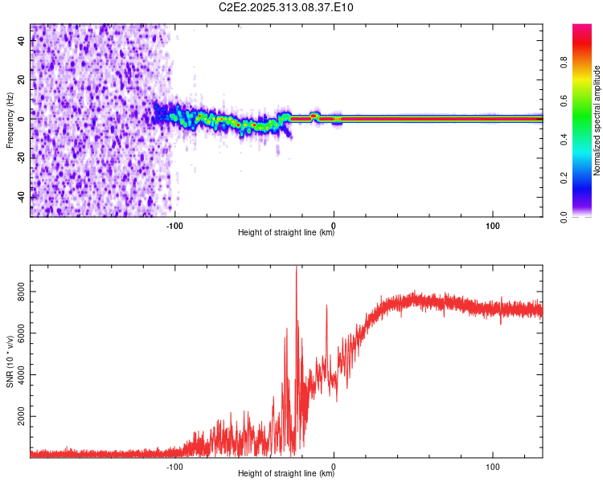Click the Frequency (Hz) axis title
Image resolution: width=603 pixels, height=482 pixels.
pyautogui.click(x=10, y=120)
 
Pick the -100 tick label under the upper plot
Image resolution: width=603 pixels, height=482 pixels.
pyautogui.click(x=175, y=226)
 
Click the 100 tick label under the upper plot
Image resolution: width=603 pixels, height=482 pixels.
pyautogui.click(x=493, y=226)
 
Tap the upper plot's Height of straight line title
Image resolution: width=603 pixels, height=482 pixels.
pyautogui.click(x=286, y=233)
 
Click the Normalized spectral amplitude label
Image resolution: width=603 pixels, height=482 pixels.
pyautogui.click(x=597, y=120)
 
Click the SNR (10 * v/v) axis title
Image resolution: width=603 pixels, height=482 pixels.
pyautogui.click(x=10, y=361)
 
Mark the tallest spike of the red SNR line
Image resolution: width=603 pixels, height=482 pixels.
pyautogui.click(x=297, y=268)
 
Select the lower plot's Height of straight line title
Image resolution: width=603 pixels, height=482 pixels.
pyautogui.click(x=286, y=474)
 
